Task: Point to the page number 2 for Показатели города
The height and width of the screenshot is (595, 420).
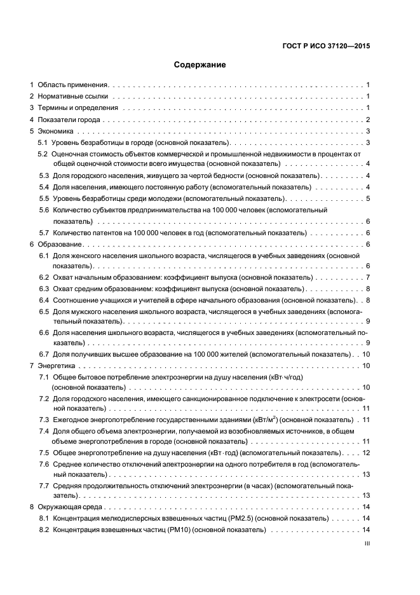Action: click(x=368, y=120)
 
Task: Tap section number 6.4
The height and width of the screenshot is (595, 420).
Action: click(x=44, y=300)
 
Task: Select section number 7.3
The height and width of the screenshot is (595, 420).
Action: click(x=44, y=420)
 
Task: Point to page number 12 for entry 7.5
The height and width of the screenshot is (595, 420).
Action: click(x=366, y=453)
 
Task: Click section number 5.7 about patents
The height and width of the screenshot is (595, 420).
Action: click(x=44, y=233)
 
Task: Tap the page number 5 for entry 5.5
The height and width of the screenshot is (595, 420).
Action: click(x=368, y=198)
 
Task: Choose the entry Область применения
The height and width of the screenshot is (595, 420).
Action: click(x=74, y=85)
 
